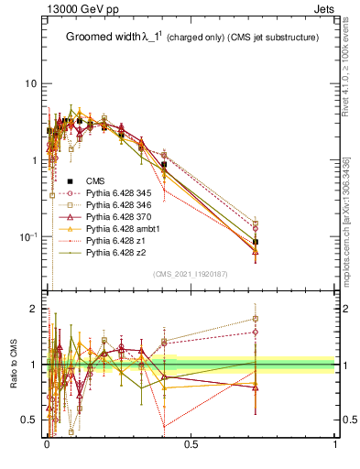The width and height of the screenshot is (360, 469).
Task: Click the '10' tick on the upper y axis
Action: pos(30,83)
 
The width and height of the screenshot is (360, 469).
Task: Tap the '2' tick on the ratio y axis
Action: pos(35,309)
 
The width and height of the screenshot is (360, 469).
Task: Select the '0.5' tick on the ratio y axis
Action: pos(29,420)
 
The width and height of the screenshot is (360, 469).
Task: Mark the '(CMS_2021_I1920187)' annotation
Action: pos(191,274)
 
